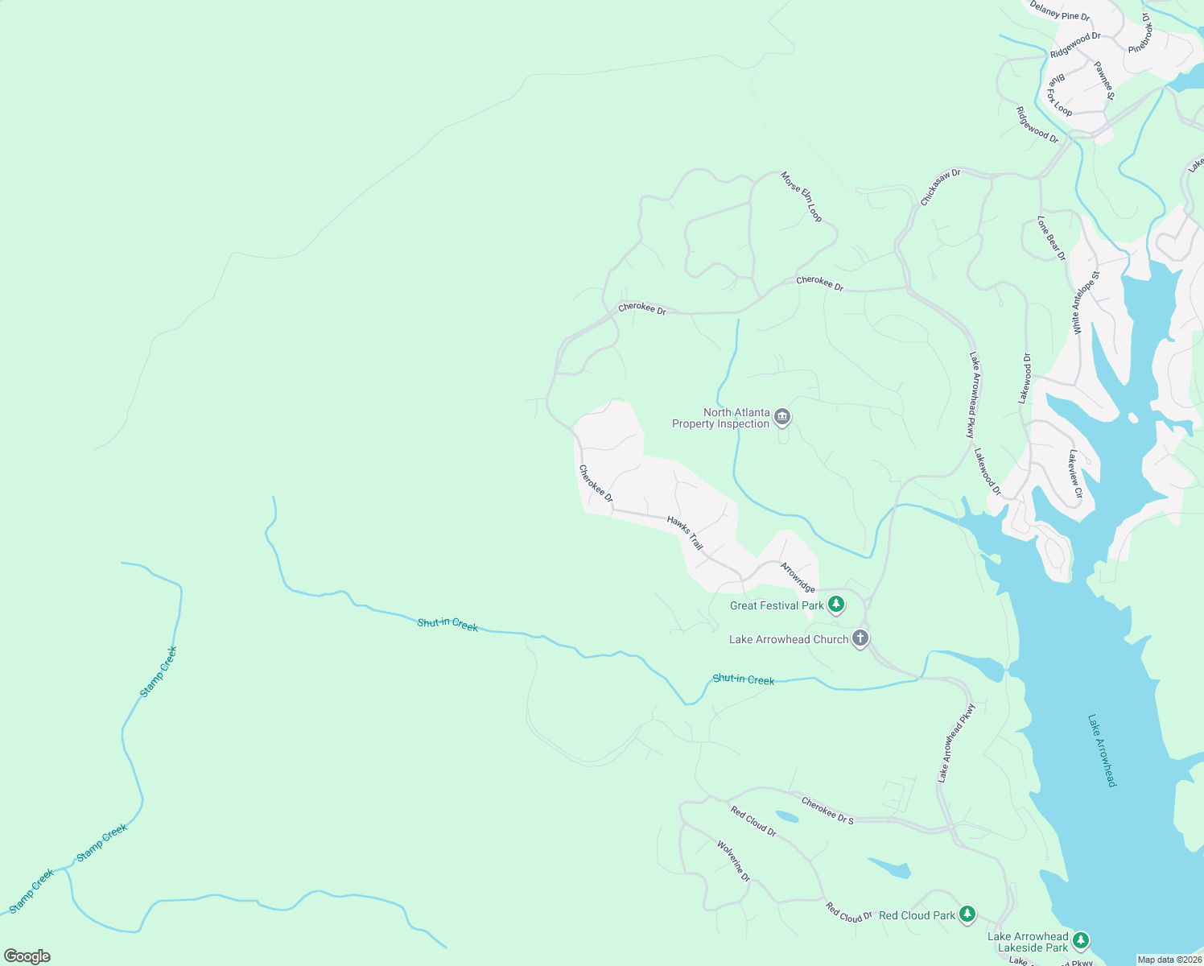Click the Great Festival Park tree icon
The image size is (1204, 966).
[x=836, y=604]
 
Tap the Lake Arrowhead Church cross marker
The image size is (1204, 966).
[x=860, y=638]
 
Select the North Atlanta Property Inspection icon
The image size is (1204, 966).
[x=782, y=417]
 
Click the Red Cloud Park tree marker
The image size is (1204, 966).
[x=967, y=914]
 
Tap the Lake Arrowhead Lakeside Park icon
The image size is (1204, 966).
[x=1081, y=939]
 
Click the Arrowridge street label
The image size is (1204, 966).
[x=798, y=577]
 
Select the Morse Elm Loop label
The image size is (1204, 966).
[x=802, y=196]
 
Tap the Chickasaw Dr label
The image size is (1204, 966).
[x=940, y=187]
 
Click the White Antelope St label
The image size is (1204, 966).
[x=1086, y=303]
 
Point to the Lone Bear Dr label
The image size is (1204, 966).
[x=1051, y=238]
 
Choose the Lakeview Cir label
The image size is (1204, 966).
[x=1075, y=473]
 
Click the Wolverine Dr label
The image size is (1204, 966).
[x=733, y=861]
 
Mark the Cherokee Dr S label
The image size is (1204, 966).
[x=827, y=810]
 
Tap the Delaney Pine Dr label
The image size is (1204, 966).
[x=1060, y=11]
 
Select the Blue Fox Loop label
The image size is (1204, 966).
[x=1059, y=96]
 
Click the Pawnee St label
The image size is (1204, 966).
[x=1104, y=81]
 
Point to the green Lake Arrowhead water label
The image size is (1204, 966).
[x=1102, y=750]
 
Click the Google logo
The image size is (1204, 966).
[x=27, y=956]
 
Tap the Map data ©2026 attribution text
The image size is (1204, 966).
[x=1169, y=960]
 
